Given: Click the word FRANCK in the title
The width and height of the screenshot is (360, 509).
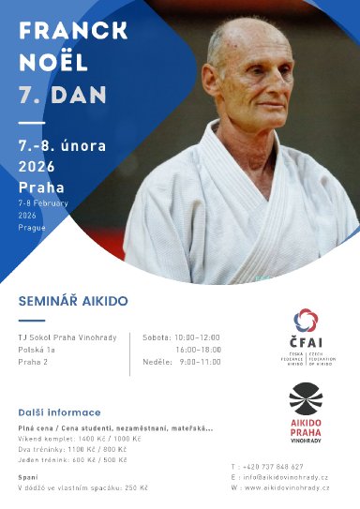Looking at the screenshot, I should click(73, 31).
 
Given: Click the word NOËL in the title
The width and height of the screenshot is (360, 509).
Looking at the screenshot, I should click(52, 64).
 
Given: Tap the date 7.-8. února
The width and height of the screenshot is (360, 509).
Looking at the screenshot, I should click(62, 145).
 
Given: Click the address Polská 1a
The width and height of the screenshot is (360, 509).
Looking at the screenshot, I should click(37, 350).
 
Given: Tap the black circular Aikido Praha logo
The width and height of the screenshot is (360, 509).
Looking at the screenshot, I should click(305, 399).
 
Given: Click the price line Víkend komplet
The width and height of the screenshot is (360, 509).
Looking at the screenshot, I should click(79, 439).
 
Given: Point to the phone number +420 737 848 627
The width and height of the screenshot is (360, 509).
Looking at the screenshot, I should click(274, 467).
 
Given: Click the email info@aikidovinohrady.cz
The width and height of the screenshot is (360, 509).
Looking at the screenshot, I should click(285, 477).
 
